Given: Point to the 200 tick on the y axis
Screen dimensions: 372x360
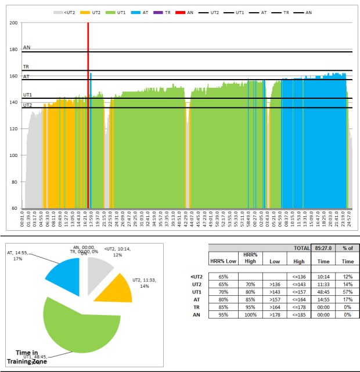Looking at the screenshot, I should pyautogui.click(x=14, y=23).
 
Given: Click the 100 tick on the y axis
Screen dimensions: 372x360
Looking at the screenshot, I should pyautogui.click(x=14, y=155).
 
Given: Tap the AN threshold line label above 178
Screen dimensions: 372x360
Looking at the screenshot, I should pyautogui.click(x=27, y=48).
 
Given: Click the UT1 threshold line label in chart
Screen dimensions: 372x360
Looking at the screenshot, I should pyautogui.click(x=27, y=95).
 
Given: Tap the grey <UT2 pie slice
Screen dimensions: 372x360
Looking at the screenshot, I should pyautogui.click(x=99, y=270).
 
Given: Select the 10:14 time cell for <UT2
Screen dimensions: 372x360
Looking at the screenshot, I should pyautogui.click(x=322, y=276).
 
